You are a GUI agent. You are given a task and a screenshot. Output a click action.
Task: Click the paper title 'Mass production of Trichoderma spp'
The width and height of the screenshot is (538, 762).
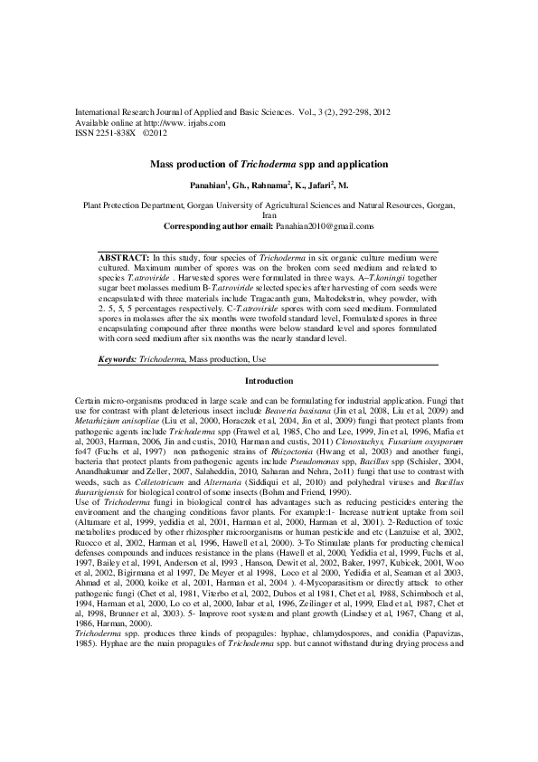[269, 165]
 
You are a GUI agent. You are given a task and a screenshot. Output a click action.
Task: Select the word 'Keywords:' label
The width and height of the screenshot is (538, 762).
[118, 386]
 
